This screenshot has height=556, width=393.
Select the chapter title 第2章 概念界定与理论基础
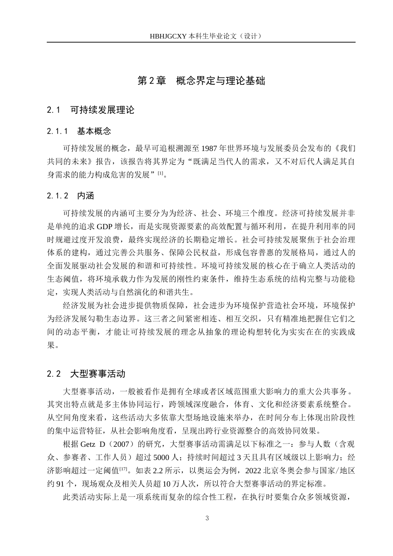pyautogui.click(x=201, y=81)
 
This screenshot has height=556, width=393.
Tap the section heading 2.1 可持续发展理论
pyautogui.click(x=91, y=110)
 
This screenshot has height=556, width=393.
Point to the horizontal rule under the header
pyautogui.click(x=201, y=42)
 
